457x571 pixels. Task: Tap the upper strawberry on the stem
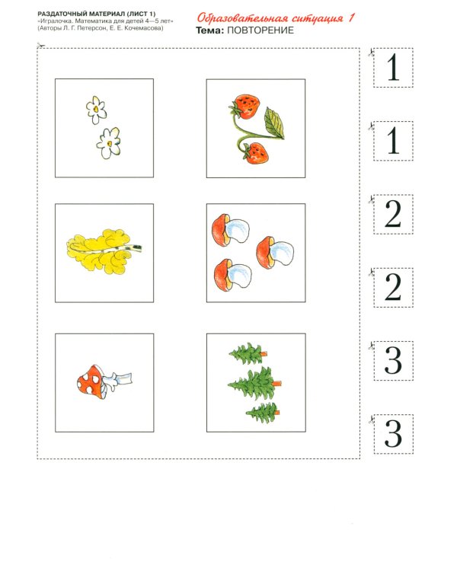[x=245, y=105]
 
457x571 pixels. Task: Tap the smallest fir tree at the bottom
[x=263, y=414]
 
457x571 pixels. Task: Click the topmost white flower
[x=96, y=110]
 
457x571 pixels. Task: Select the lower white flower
[x=110, y=142]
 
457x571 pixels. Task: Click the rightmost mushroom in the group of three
[x=276, y=253]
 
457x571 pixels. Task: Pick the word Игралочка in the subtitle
[x=57, y=21]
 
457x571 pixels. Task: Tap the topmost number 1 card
[x=393, y=69]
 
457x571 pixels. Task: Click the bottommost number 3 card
[x=393, y=434]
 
